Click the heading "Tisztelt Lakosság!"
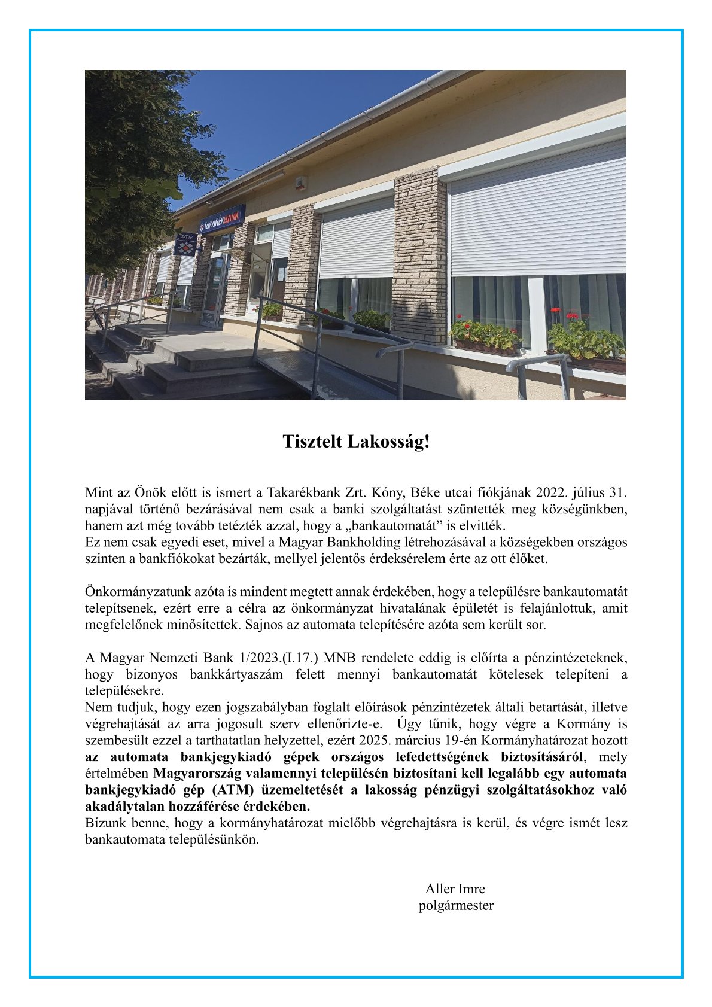point(356,442)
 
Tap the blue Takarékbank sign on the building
point(222,220)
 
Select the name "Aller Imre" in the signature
point(455,889)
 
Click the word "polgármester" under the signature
point(456,905)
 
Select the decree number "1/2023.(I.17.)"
point(278,658)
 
